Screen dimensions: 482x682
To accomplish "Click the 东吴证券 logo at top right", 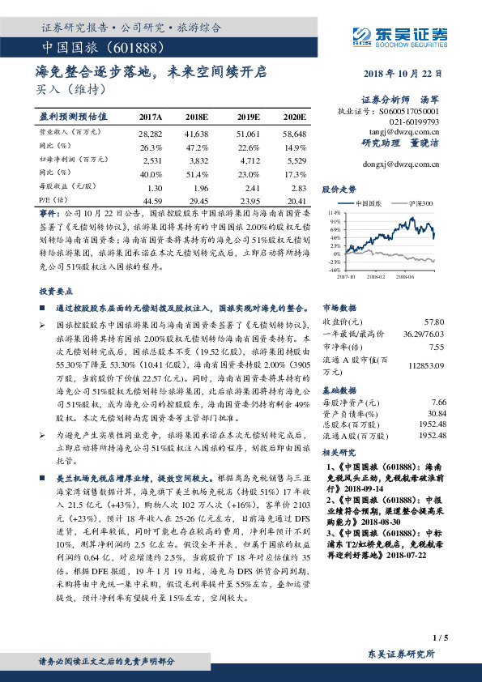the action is tap(398, 35).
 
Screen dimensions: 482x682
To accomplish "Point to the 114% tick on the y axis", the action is tap(335, 211).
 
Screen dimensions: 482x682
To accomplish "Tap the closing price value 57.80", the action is tap(436, 322).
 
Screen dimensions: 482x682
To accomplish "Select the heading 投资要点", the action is tap(56, 290).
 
